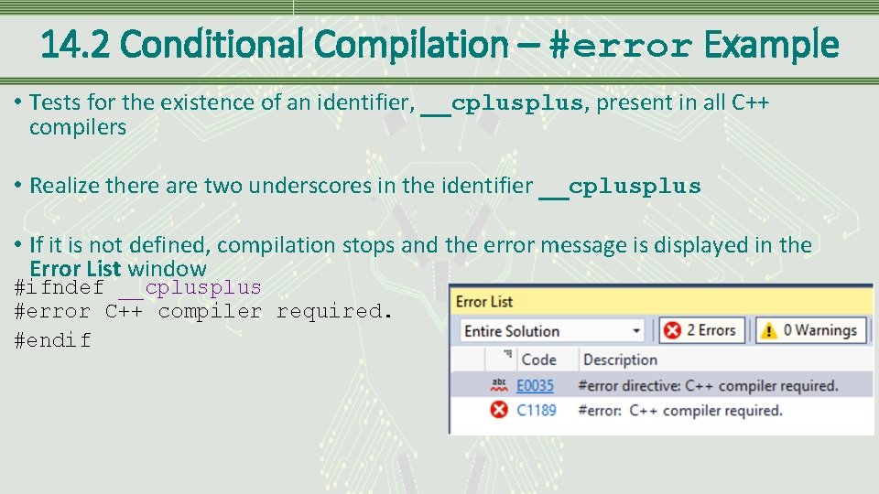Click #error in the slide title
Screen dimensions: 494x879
click(x=620, y=45)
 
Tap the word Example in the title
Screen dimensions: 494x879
click(x=771, y=45)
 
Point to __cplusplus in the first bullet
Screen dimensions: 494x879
click(x=501, y=103)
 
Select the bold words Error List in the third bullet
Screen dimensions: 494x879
click(x=75, y=269)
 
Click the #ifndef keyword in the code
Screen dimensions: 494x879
click(x=60, y=288)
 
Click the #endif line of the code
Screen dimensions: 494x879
click(x=53, y=340)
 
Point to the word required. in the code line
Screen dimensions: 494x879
click(x=334, y=312)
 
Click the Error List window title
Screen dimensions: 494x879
click(x=484, y=302)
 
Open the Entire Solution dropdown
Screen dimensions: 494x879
click(x=552, y=331)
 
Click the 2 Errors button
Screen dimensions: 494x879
click(x=700, y=330)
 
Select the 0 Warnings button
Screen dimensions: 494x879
click(x=808, y=330)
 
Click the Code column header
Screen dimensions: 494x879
click(x=538, y=360)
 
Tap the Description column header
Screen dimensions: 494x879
click(x=620, y=360)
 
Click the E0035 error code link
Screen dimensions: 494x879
click(x=536, y=385)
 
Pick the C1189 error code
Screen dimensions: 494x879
click(x=537, y=410)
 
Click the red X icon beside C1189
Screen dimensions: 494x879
click(x=499, y=410)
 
